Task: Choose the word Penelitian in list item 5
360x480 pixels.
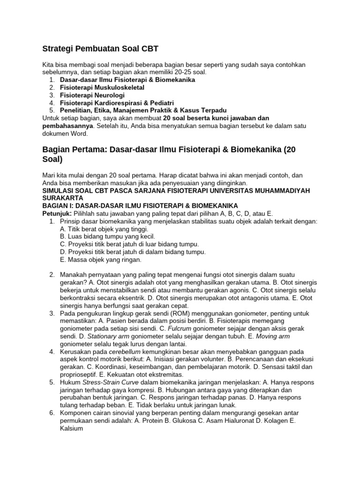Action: click(x=76, y=110)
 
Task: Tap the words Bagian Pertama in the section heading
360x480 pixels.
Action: click(x=73, y=150)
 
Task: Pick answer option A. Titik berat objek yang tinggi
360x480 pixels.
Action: click(x=104, y=229)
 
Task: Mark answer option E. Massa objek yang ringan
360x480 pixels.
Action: click(x=100, y=260)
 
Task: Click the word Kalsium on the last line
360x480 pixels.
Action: click(x=72, y=428)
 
